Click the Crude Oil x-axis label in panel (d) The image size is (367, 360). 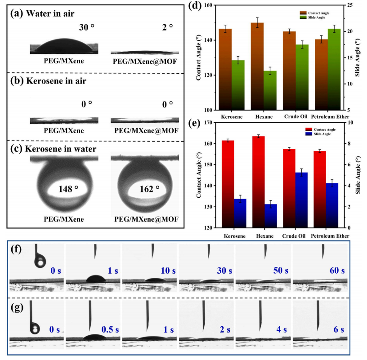(295, 116)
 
